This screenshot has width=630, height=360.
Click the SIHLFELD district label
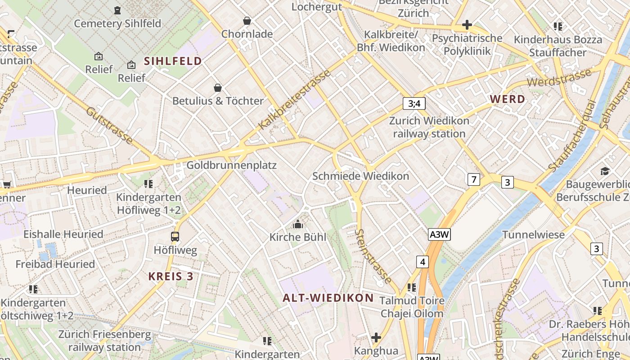point(173,61)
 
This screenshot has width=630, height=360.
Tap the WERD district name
point(507,99)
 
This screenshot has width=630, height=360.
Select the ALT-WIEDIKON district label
point(328,297)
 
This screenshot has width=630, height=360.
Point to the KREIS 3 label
point(171,276)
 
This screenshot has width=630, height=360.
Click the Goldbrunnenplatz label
point(231,165)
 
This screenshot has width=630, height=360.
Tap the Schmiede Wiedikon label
point(360,176)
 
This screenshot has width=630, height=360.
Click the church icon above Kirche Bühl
point(298,224)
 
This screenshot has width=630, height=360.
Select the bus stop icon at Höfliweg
point(175,236)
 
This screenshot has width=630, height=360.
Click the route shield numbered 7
point(473,180)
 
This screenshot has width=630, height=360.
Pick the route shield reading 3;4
point(414,104)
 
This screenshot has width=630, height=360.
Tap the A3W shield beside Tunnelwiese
point(439,234)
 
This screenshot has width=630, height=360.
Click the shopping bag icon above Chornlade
point(247,21)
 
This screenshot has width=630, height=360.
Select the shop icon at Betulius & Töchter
point(218,87)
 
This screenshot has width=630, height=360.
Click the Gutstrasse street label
point(109,126)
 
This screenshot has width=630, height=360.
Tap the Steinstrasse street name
point(373,257)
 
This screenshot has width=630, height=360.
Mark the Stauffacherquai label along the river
point(572,135)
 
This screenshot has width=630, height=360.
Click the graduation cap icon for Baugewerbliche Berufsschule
point(605,171)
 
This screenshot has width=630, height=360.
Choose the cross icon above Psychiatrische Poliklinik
point(467,24)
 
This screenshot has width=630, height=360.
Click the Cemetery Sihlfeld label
point(117,23)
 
